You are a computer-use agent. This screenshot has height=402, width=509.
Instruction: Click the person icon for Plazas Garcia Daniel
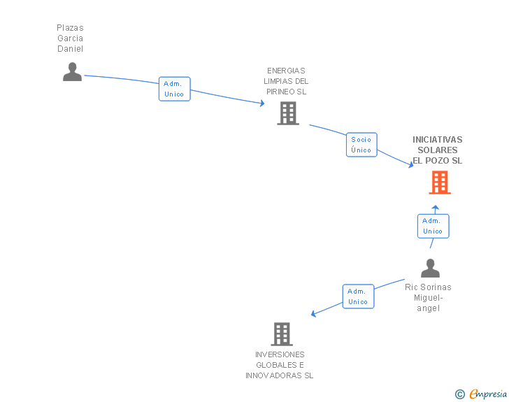coord(72,72)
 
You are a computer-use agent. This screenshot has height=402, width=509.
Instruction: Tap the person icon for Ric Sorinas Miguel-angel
coord(430,268)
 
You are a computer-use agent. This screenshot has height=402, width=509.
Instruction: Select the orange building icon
coord(439,182)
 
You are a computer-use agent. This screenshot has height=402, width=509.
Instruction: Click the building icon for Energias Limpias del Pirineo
coord(287,113)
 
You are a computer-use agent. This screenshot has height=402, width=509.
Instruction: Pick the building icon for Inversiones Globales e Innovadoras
coord(282,334)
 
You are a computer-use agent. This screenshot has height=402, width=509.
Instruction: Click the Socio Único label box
coord(361,145)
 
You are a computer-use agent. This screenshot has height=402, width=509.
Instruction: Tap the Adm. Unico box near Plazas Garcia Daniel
coord(174,89)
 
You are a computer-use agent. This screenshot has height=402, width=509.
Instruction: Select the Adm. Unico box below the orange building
coord(433,226)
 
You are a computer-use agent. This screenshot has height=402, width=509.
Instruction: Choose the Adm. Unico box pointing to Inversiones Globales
coord(358,296)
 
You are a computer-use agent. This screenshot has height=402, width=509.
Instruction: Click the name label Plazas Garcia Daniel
coord(70,38)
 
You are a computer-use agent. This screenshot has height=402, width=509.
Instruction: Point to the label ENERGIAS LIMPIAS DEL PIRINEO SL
coord(286,81)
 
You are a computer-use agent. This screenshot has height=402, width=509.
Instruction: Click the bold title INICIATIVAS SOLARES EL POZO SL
coord(437,150)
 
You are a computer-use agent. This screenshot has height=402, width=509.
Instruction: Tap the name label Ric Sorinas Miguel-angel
coord(428,298)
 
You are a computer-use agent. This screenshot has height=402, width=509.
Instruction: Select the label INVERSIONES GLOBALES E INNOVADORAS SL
coord(279,365)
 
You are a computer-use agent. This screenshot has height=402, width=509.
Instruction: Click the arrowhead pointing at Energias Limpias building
coord(261,103)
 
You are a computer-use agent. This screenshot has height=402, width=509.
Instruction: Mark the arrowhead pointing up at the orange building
coord(435,207)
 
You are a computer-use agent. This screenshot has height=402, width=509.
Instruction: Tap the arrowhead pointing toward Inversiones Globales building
coord(314,314)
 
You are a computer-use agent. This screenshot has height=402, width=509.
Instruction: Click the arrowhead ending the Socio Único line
coord(411,166)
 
